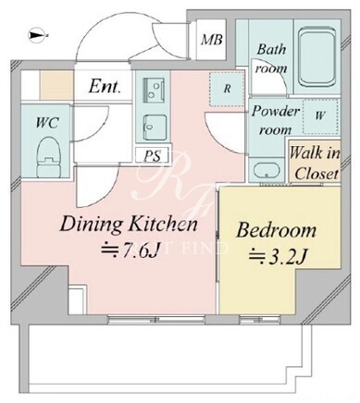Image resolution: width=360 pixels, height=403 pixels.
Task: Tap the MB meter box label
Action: (212, 40)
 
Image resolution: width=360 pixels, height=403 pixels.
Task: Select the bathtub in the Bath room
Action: (317, 57)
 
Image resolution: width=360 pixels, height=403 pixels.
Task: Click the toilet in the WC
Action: (49, 157)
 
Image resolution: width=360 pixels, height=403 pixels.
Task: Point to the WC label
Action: (47, 123)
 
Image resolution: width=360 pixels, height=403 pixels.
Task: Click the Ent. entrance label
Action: (105, 87)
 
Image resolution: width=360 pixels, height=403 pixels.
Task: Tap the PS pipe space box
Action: (152, 155)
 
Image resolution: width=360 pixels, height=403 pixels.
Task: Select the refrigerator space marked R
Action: (227, 89)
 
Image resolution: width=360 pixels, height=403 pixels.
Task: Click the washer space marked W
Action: (320, 116)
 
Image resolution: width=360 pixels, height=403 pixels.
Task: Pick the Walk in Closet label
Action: (315, 163)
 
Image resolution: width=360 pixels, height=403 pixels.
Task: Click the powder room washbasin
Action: (267, 170)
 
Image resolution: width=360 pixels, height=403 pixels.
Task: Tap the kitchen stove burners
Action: (154, 90)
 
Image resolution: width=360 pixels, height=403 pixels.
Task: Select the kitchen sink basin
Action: (155, 128)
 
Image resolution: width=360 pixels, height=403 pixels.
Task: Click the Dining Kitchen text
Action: (129, 224)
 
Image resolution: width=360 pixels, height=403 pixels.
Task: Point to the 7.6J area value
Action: (130, 250)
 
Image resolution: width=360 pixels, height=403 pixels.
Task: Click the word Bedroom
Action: (277, 230)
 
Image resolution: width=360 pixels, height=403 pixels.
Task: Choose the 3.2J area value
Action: (278, 257)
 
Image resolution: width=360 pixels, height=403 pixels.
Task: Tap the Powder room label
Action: (276, 120)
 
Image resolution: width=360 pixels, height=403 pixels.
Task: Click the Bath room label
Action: (271, 58)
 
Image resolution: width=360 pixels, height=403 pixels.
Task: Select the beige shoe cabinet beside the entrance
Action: (56, 85)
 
